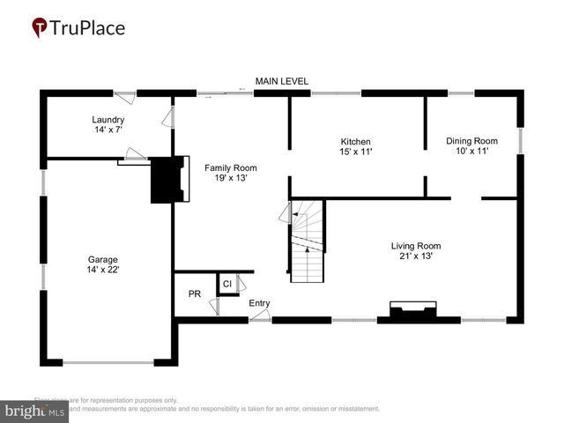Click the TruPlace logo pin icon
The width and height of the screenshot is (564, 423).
(40, 27)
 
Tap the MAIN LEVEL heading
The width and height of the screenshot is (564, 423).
(281, 81)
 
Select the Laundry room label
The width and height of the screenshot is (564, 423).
(108, 120)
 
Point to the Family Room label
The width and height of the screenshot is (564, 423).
(231, 167)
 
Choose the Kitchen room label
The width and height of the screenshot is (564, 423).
(356, 141)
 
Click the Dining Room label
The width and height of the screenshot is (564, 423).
(471, 141)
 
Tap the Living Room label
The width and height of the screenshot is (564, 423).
(416, 246)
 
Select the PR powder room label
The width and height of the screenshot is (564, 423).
(195, 293)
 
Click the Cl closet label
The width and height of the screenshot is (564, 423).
(226, 284)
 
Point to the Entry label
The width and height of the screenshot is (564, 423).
(259, 303)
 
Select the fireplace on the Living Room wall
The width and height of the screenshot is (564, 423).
(413, 310)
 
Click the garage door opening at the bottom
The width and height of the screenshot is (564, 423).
(108, 361)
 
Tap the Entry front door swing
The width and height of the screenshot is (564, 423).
(259, 315)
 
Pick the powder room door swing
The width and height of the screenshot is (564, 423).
(213, 307)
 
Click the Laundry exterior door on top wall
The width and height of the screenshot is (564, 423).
(125, 93)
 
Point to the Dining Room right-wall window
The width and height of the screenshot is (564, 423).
(520, 141)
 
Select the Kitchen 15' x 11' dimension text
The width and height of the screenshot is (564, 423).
(356, 152)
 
